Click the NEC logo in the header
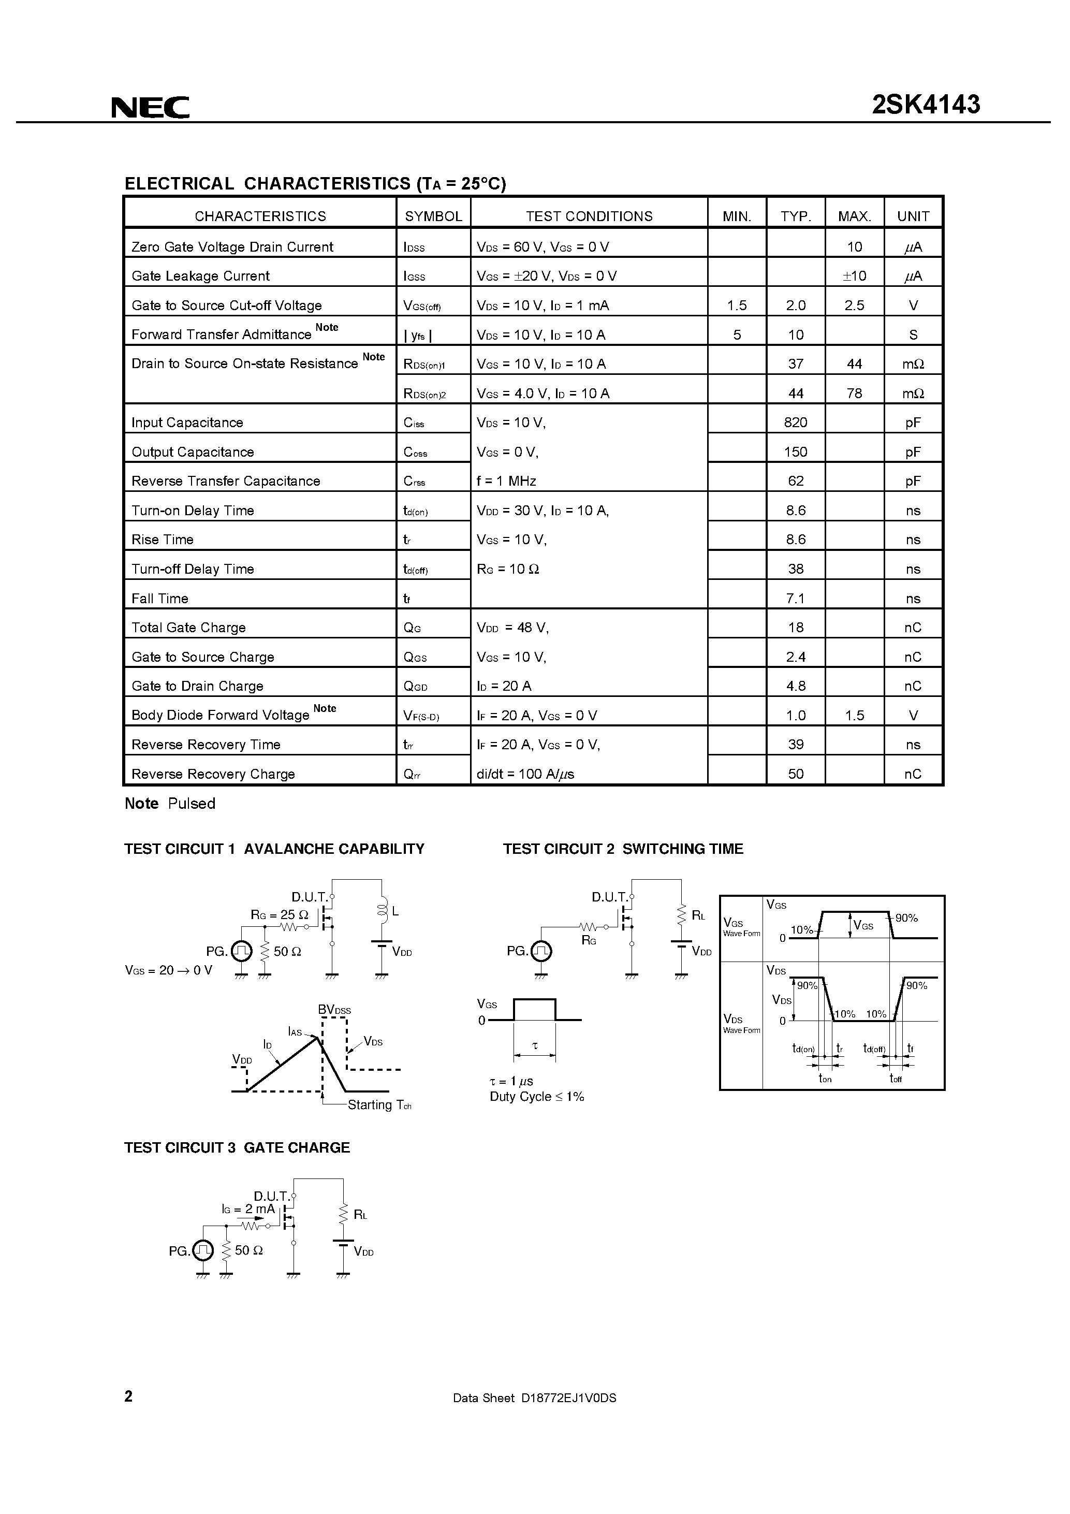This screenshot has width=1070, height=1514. pos(150,107)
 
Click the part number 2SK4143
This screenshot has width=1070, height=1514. pos(926,105)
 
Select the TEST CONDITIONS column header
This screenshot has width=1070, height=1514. pos(589,216)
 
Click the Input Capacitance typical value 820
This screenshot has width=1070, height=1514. pos(795,423)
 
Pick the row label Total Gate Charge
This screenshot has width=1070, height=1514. pos(188,628)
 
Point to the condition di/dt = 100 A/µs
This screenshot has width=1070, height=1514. pos(525,774)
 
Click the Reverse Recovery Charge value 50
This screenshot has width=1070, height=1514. pos(795,774)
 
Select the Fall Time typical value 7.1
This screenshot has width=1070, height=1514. pos(795,599)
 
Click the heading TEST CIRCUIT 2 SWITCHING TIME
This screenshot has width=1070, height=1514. pos(623,849)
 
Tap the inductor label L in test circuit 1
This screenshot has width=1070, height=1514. pos(395,911)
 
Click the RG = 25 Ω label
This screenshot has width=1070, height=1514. pos(280,915)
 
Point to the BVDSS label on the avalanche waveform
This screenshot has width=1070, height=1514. pos(334,1010)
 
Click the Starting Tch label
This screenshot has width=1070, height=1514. pos(379,1105)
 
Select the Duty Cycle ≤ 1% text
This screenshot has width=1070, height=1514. pos(537,1097)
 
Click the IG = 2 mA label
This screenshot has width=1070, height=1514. pos(248,1210)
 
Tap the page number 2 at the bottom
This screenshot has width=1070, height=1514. pos(128,1396)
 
